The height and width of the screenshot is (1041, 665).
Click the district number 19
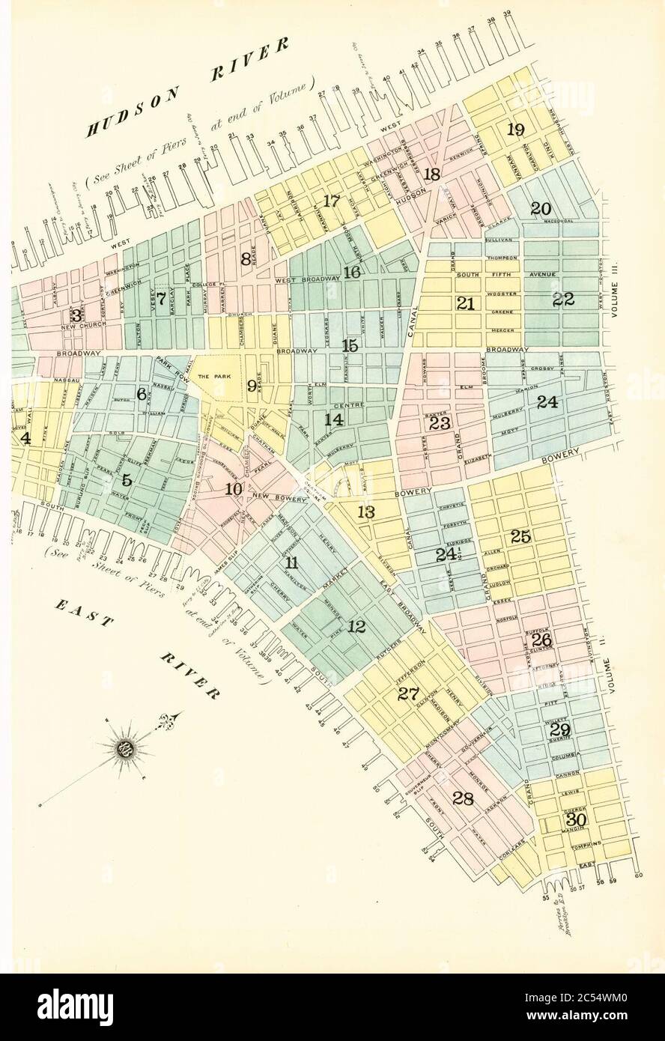click(514, 129)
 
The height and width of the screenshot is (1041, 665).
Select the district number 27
click(407, 694)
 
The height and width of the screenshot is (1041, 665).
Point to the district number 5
click(127, 480)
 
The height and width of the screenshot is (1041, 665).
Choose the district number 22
click(562, 300)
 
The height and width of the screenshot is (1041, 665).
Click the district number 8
click(245, 259)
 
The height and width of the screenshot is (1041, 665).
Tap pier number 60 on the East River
click(639, 875)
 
